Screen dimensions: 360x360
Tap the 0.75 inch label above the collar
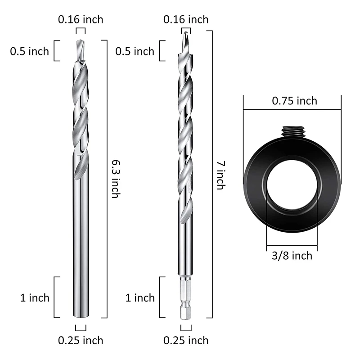click(294, 100)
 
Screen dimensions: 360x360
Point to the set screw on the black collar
click(291, 132)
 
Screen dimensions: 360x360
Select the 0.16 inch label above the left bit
click(81, 19)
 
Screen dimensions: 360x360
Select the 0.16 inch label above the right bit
click(186, 19)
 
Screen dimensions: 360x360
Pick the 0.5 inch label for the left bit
click(30, 51)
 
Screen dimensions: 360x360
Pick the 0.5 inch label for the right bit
click(135, 51)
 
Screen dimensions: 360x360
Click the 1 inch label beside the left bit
click(34, 297)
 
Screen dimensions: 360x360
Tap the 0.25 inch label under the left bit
click(81, 340)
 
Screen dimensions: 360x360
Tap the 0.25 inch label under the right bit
click(186, 340)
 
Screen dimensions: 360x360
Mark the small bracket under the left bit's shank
click(81, 327)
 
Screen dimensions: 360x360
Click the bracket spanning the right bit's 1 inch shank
click(161, 297)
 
